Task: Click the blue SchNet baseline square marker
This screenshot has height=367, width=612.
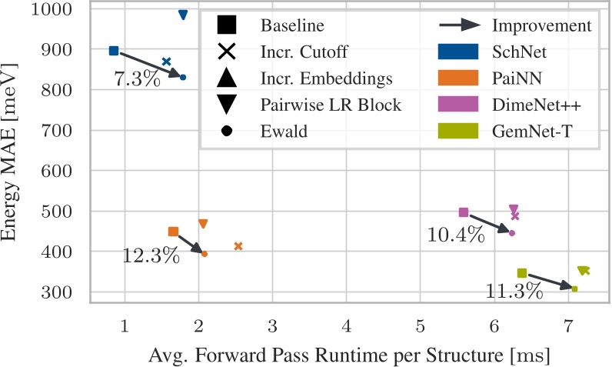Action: tap(114, 51)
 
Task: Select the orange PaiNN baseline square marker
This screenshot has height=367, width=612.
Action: tap(173, 232)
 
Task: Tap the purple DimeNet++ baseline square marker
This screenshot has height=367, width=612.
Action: tap(464, 212)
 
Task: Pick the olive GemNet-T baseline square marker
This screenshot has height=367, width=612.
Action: tap(522, 273)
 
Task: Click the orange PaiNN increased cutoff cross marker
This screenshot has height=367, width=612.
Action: tap(238, 246)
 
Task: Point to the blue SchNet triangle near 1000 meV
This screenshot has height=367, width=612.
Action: tap(183, 15)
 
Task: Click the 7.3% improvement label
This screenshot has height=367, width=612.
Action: tap(137, 78)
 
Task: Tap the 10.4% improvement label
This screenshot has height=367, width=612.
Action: tap(456, 235)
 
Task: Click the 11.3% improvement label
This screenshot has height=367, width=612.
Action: tap(514, 291)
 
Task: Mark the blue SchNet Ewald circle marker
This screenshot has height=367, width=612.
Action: tap(183, 77)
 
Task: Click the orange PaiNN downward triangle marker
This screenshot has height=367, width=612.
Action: tap(203, 224)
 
